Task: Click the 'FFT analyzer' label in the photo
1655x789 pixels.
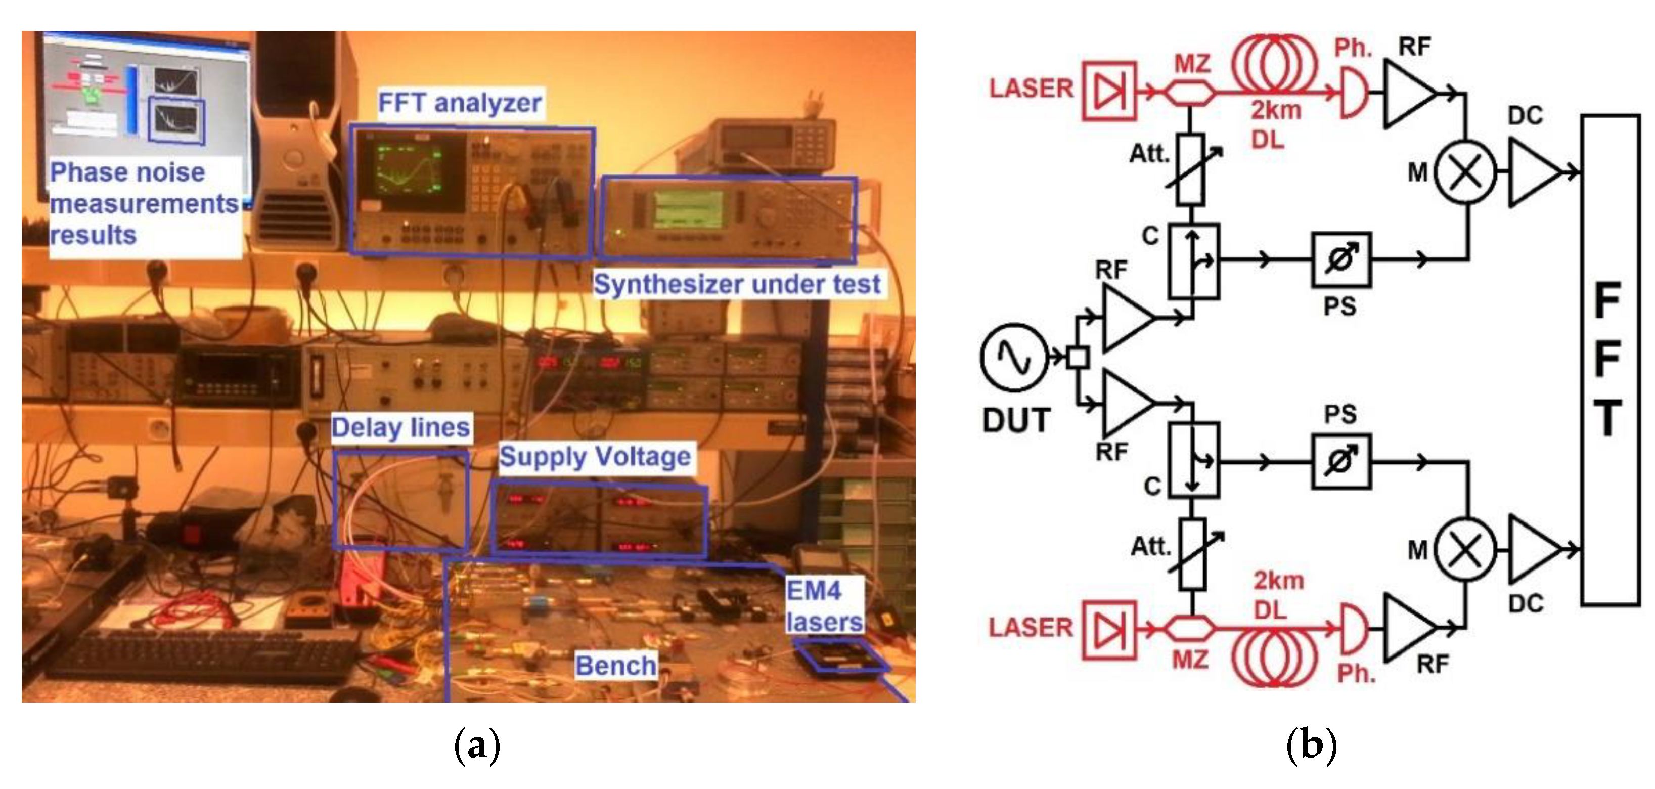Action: [x=459, y=103]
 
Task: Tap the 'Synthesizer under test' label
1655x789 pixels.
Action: [x=736, y=284]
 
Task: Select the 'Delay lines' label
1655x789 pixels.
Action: [x=400, y=427]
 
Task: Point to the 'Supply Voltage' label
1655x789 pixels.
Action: [x=595, y=456]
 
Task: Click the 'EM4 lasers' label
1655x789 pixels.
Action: [x=824, y=606]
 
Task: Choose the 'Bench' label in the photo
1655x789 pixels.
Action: [x=615, y=666]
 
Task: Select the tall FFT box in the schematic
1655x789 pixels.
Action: [x=1609, y=360]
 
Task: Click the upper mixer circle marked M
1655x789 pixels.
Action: [x=1465, y=172]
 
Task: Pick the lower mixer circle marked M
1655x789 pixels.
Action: [x=1465, y=549]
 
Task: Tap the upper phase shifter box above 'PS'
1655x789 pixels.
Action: [x=1341, y=259]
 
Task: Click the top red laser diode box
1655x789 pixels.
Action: [x=1109, y=91]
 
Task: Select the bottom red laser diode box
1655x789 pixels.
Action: [x=1109, y=630]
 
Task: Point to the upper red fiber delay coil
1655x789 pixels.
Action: [x=1275, y=64]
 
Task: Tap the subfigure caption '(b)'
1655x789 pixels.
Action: [x=1311, y=746]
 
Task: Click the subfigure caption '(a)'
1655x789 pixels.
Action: [x=477, y=746]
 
